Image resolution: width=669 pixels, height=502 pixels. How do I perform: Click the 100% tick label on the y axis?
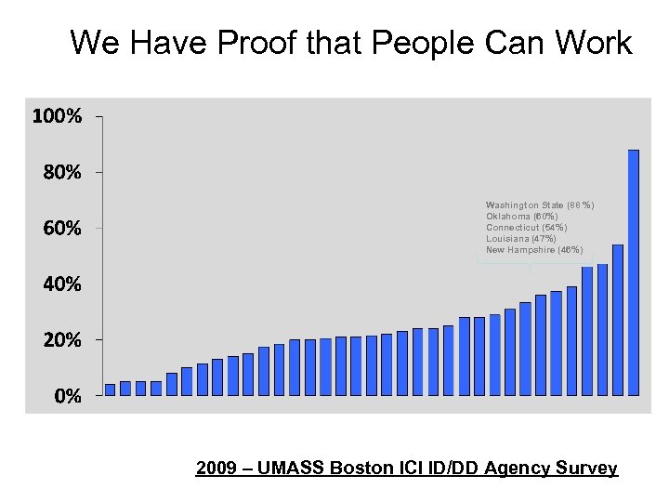[57, 117]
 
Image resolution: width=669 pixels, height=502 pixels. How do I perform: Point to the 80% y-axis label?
[60, 173]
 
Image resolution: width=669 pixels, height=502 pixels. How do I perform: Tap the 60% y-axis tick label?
[60, 229]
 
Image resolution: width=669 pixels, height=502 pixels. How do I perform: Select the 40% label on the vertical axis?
[60, 285]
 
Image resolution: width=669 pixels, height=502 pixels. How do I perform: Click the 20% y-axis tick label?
[60, 340]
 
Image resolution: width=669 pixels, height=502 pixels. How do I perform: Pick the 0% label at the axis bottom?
[65, 396]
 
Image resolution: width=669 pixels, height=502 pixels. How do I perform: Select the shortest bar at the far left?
[110, 390]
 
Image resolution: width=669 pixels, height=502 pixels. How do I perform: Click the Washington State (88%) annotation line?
[540, 205]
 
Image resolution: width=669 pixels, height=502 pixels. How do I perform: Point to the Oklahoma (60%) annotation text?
[521, 216]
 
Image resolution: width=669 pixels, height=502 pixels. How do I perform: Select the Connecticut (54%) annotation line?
[526, 227]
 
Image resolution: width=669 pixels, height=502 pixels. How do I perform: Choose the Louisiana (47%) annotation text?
[520, 239]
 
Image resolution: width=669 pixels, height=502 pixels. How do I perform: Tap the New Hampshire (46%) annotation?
[534, 250]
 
